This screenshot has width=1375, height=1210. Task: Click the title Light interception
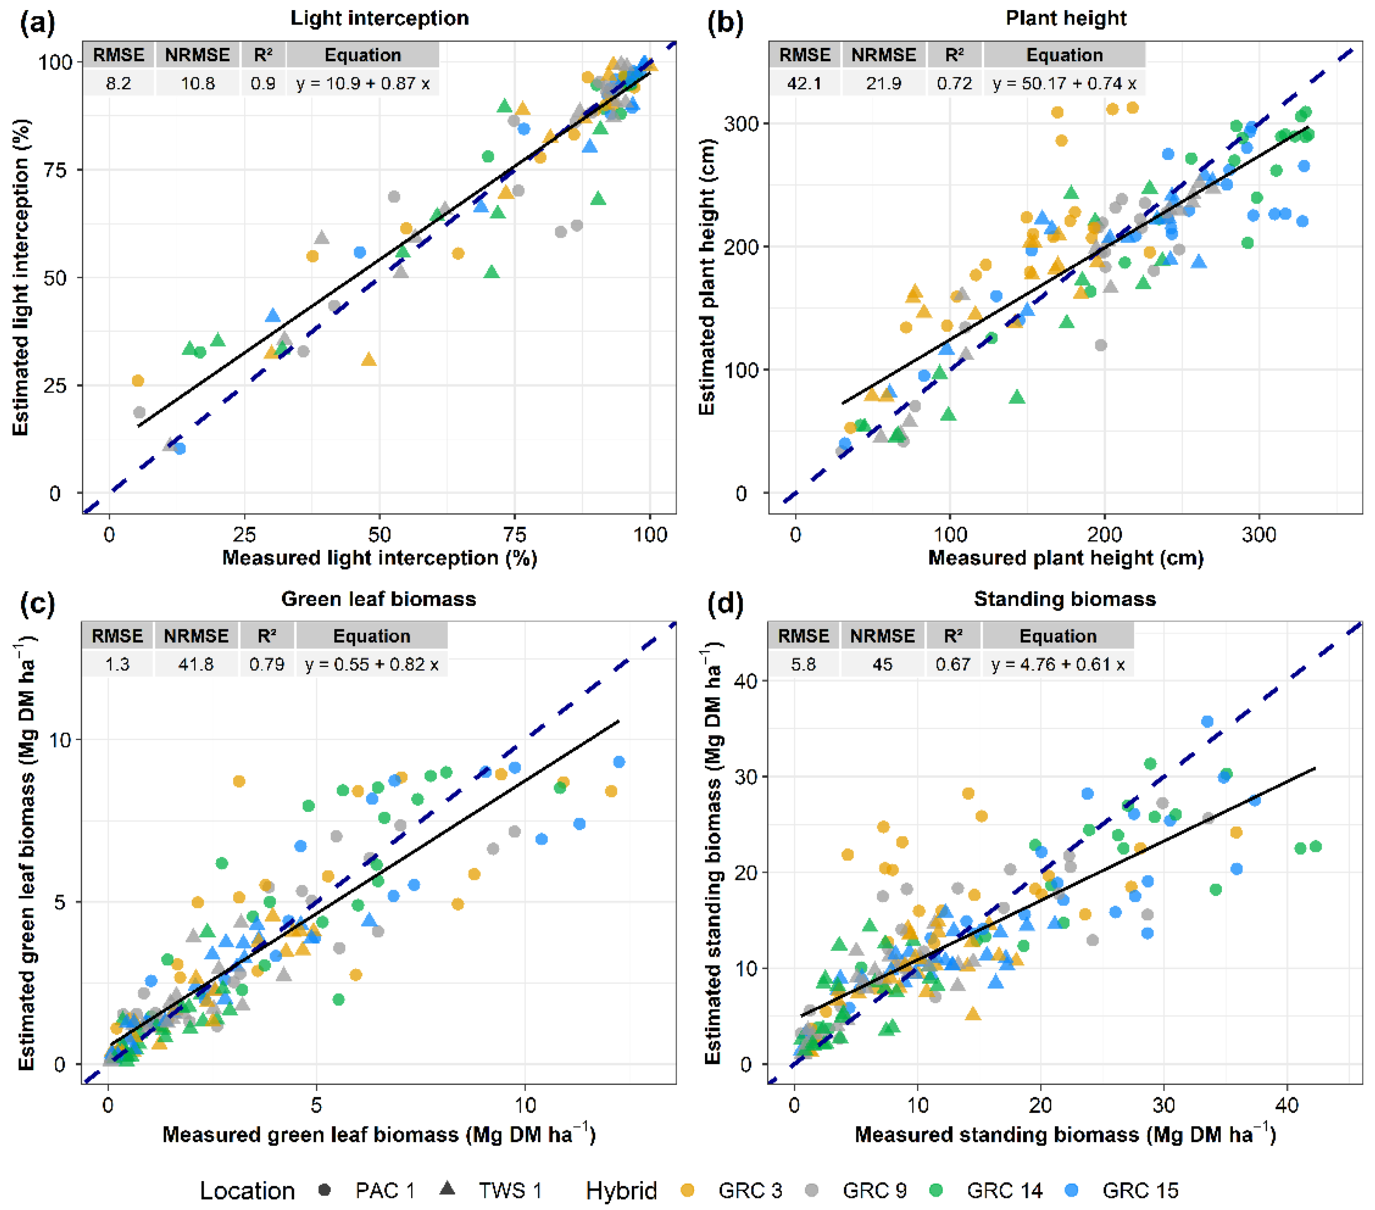coord(379,18)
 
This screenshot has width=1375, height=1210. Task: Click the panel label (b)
coord(726,23)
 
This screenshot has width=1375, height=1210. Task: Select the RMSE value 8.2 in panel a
coord(118,83)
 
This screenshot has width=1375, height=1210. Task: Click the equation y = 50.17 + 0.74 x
coord(1064,83)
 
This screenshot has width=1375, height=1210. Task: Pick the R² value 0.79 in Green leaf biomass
coord(267,664)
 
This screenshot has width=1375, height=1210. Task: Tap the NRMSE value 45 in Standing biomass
coord(882,664)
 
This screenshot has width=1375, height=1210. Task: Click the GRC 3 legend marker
coord(687,1189)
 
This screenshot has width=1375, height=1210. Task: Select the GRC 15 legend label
coord(1140,1190)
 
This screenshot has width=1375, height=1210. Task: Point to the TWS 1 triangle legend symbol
coord(447,1188)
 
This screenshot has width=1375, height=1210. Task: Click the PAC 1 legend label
coord(385,1190)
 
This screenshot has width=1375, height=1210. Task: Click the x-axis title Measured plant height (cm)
coord(1066,558)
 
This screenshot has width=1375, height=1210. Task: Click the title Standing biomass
coord(1065,599)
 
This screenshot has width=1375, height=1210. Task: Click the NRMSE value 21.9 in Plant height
coord(883,83)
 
